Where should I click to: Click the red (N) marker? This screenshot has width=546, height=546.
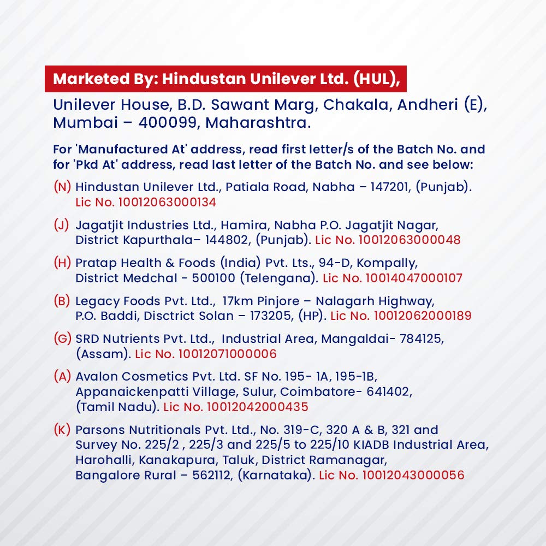click(x=62, y=187)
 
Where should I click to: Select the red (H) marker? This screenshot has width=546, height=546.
click(x=62, y=263)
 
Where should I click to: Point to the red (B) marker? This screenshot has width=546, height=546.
click(x=62, y=301)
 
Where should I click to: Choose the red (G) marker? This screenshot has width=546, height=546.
click(x=62, y=339)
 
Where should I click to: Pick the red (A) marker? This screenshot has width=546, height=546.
click(x=62, y=377)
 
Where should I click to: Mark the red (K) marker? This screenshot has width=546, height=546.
click(x=62, y=430)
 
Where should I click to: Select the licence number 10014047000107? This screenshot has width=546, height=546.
click(x=413, y=278)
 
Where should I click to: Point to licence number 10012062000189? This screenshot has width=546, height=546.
click(x=422, y=316)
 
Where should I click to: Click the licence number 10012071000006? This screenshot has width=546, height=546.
click(x=225, y=354)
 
